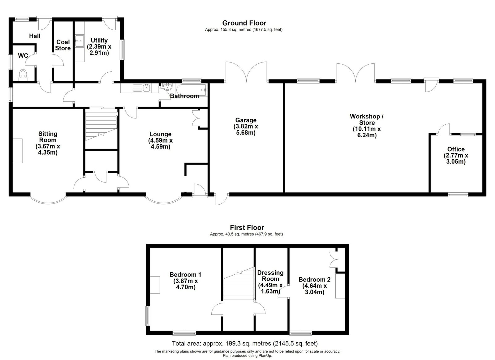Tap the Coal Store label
63,45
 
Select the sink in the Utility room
79,41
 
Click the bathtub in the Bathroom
192,90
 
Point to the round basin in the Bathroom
167,87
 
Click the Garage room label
246,120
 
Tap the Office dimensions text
456,159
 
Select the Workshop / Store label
367,119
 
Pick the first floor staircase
239,283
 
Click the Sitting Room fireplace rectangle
17,151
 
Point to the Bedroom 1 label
185,275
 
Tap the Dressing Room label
270,276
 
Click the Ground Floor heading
244,23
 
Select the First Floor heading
247,228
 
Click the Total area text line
245,343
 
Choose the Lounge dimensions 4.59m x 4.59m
161,144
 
